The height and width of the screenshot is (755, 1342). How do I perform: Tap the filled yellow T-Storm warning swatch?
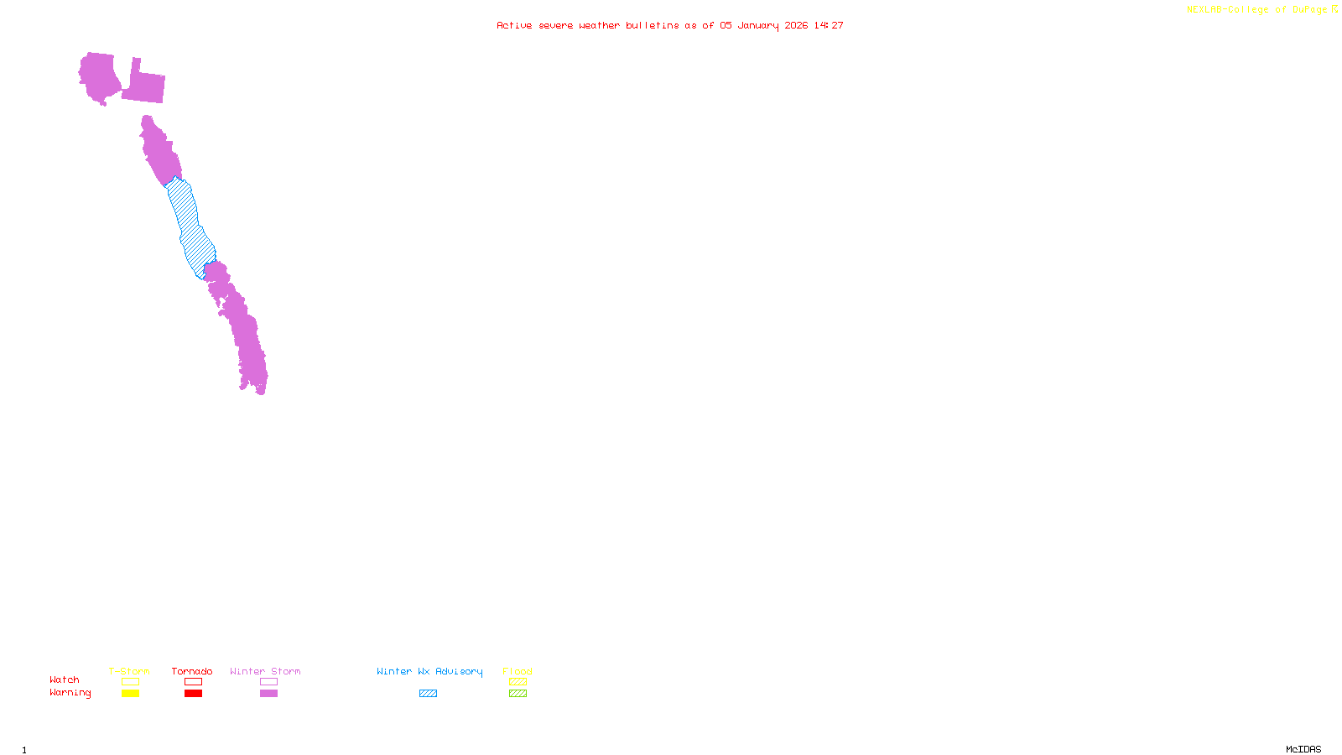130,694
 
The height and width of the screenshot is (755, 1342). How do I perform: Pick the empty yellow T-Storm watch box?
130,682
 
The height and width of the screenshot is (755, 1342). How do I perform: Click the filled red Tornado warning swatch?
193,694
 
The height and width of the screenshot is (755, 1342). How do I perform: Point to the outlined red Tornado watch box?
193,682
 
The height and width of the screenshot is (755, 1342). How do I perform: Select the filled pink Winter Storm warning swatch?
268,694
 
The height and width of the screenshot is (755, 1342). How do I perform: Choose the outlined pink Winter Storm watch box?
268,682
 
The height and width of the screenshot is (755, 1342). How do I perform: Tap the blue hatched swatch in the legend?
428,694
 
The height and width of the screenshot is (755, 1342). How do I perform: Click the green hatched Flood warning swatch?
518,694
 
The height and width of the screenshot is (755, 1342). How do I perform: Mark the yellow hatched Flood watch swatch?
518,682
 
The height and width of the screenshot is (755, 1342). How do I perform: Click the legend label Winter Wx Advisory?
429,671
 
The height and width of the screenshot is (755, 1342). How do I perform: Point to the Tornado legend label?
192,671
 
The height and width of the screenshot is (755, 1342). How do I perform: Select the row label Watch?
65,679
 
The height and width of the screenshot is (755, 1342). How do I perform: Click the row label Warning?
70,693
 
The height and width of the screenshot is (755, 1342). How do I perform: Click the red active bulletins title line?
670,25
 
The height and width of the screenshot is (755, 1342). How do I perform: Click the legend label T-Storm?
129,671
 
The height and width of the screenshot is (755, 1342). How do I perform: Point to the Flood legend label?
518,671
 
